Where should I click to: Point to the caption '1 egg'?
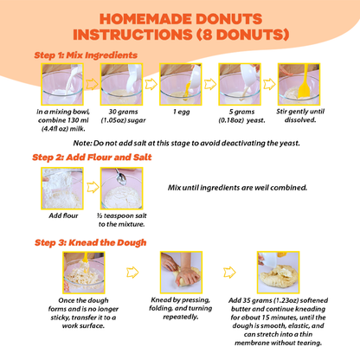pos(181,112)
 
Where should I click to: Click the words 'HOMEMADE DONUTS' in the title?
pos(180,18)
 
